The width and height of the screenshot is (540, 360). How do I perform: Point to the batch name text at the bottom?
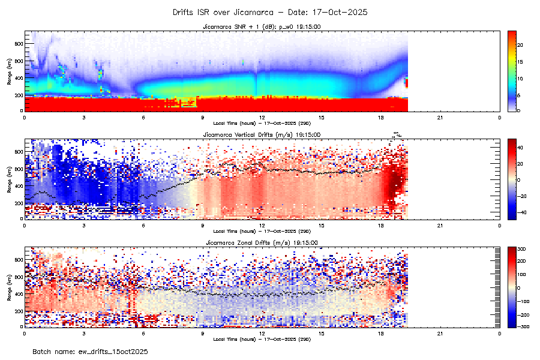[90, 351]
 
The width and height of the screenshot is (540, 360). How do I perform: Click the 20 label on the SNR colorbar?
[521, 45]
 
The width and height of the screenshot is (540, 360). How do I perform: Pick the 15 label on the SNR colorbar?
[521, 62]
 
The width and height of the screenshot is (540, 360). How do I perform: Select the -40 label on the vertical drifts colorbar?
[522, 212]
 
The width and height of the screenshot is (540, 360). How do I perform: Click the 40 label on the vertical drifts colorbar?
[521, 146]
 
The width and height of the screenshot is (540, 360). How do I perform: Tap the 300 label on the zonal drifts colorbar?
[523, 248]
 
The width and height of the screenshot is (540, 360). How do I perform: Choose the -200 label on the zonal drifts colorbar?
[523, 314]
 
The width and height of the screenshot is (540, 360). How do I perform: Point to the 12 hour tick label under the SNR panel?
[262, 116]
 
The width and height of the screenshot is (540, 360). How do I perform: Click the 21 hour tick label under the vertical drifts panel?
[440, 224]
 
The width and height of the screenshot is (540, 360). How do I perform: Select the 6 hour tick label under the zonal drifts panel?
[143, 332]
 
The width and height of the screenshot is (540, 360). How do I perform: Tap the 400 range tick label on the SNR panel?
[19, 78]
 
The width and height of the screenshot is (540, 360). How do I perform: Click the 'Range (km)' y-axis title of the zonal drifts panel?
[9, 287]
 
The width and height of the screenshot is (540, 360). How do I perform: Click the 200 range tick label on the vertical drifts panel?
[19, 203]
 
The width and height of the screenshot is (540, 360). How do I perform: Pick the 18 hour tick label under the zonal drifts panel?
[381, 332]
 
